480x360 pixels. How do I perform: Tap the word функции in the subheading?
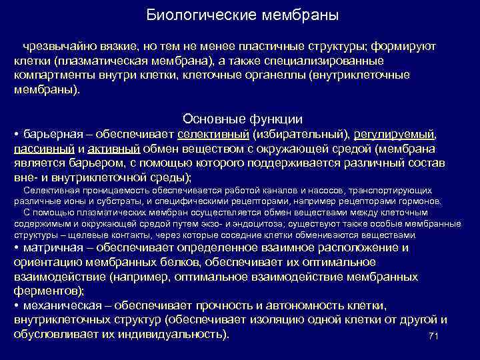[x=274, y=119]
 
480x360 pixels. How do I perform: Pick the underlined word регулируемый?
[x=391, y=133]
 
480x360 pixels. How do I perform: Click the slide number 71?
[x=433, y=336]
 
